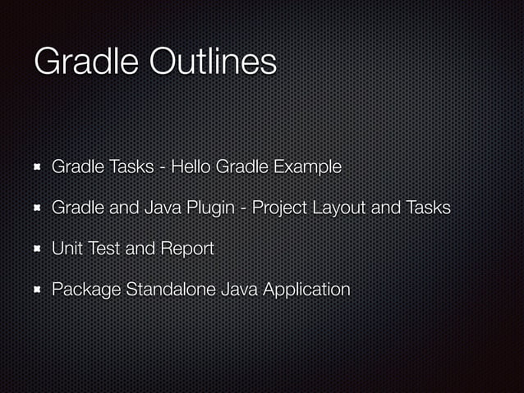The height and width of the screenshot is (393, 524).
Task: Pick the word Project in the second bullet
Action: click(x=280, y=208)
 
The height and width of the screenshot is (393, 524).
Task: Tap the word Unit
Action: click(x=67, y=249)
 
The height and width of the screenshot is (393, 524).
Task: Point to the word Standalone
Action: click(x=167, y=289)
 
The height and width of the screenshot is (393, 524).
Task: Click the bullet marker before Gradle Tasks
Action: click(x=37, y=167)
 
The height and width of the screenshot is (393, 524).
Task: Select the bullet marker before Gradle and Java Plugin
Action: click(x=37, y=208)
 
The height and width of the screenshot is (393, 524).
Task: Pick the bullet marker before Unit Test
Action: click(x=37, y=249)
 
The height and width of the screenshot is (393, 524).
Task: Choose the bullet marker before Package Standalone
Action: click(x=37, y=290)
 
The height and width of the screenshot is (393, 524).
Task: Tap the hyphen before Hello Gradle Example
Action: click(x=165, y=168)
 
